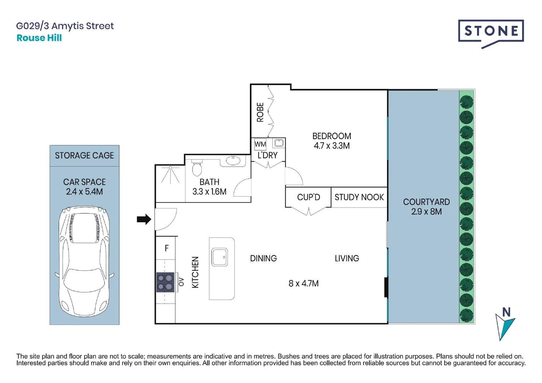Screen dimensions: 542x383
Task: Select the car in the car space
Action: point(84,261)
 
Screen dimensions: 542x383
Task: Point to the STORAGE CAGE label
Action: point(84,155)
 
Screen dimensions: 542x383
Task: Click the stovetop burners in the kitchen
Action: point(165,282)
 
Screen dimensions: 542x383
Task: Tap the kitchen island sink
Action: point(220,257)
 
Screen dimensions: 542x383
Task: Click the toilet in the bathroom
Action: point(197,167)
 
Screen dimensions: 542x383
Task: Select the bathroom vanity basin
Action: point(233,161)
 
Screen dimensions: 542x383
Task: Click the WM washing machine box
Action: point(260,144)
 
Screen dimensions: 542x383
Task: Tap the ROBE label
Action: point(260,112)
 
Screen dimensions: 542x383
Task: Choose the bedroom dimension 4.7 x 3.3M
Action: point(332,146)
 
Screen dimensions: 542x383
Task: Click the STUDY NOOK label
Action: point(359,197)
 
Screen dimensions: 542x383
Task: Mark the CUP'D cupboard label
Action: point(308,197)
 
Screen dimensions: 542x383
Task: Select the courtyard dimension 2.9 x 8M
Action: point(426,212)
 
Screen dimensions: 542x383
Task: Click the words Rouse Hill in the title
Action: point(39,38)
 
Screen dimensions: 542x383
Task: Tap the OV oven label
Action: point(181,282)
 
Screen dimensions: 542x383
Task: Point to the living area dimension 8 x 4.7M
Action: point(303,283)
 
